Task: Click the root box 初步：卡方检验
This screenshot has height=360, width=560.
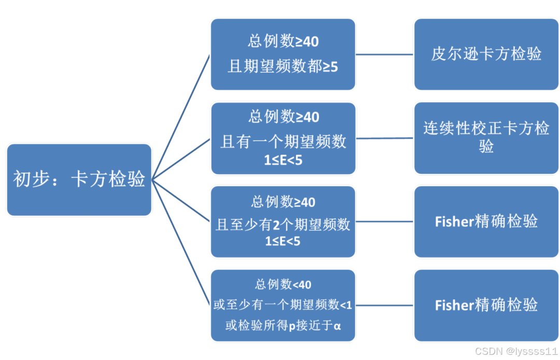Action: click(79, 179)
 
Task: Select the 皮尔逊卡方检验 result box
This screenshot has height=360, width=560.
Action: click(486, 54)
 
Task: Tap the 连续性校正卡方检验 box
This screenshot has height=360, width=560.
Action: click(486, 137)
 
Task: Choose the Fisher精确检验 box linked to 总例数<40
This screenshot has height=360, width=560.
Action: click(486, 305)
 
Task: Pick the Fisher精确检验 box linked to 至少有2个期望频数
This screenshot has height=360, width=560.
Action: click(486, 221)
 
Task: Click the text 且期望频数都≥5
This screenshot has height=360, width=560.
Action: click(283, 66)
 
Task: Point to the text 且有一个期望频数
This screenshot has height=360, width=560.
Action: click(283, 142)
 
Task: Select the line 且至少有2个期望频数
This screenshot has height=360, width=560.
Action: click(283, 225)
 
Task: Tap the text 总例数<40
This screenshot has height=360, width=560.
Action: click(283, 284)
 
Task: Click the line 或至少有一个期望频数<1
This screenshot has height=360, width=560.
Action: click(283, 305)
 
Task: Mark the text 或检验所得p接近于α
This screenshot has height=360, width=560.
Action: click(283, 326)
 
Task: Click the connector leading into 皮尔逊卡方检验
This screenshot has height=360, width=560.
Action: click(385, 54)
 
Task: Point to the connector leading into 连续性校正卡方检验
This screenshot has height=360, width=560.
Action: click(385, 139)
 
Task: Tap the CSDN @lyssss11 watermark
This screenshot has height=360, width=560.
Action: click(515, 351)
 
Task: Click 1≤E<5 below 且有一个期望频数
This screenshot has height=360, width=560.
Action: click(283, 160)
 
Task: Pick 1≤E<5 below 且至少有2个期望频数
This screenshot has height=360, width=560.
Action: click(283, 242)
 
